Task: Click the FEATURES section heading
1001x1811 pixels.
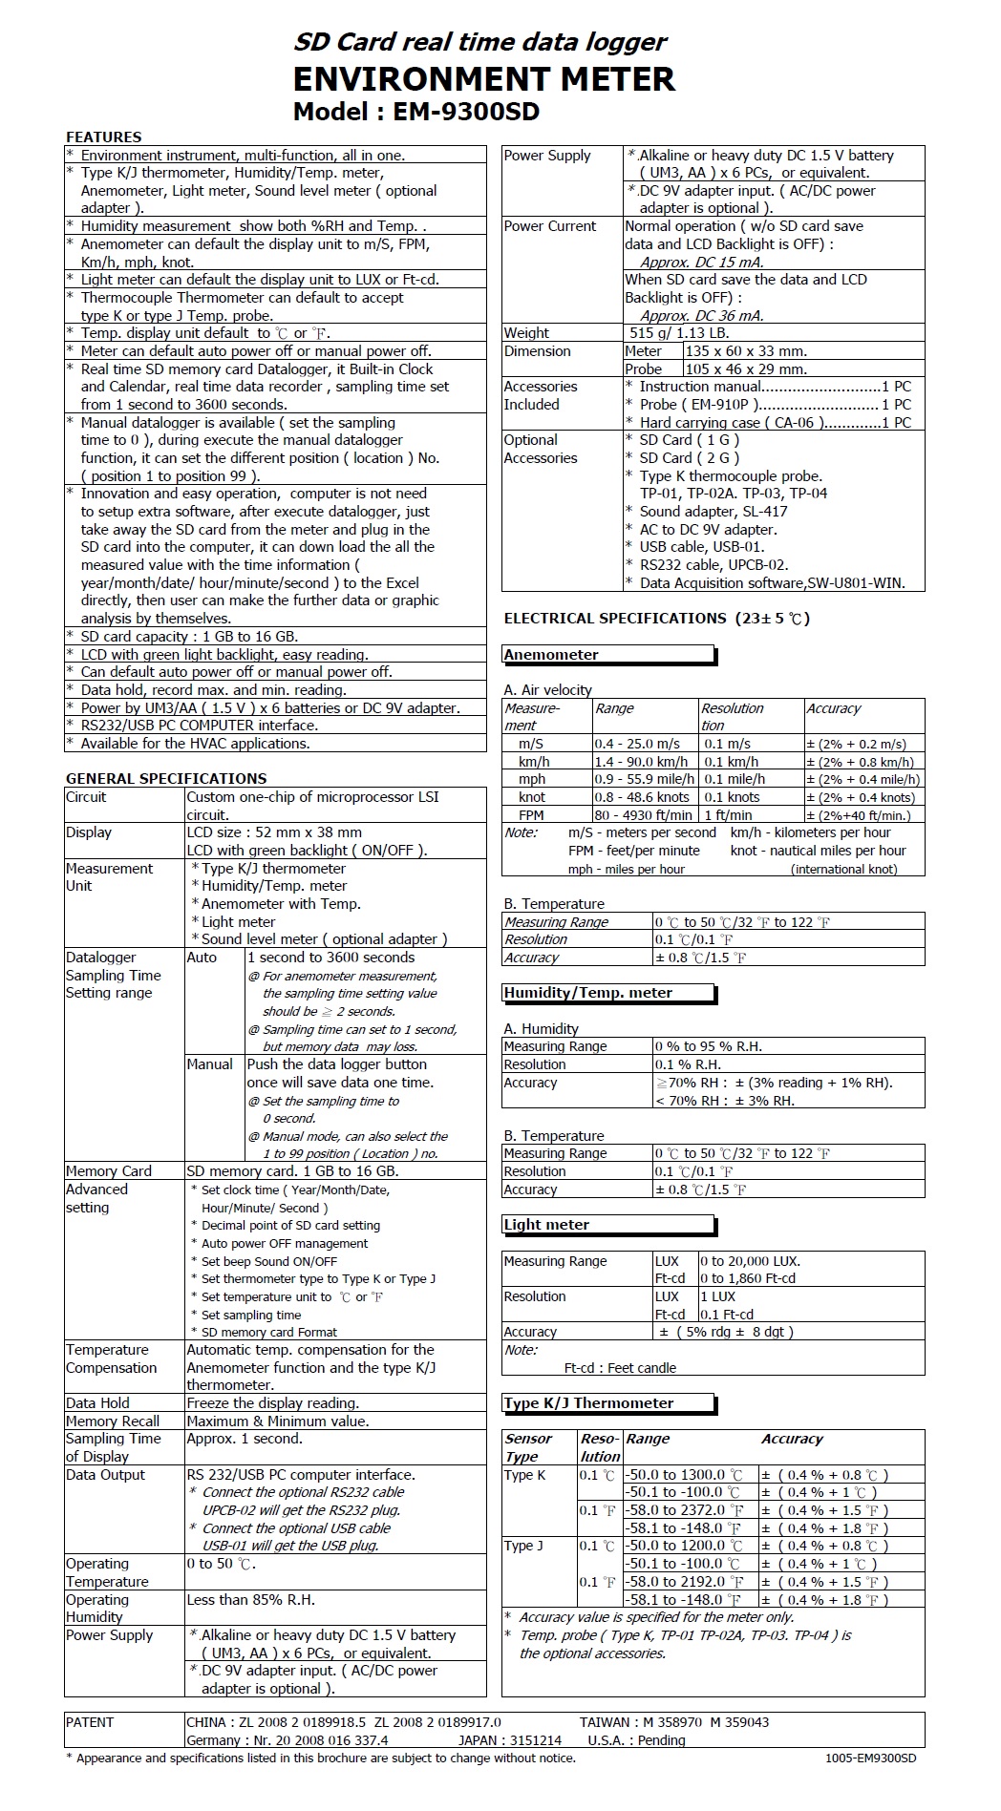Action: tap(103, 137)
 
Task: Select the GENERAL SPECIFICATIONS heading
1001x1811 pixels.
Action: tap(166, 779)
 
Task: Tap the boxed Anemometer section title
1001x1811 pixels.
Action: tap(551, 655)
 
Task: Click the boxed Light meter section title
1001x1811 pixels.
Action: tap(546, 1225)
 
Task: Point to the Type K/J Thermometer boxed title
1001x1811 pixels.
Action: tap(588, 1403)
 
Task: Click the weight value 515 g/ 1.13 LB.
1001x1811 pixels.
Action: tap(679, 333)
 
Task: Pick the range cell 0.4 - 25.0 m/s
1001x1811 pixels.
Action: tap(637, 744)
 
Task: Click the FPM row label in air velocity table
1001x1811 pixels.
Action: tap(531, 815)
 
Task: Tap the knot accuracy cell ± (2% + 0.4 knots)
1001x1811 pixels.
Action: tap(861, 798)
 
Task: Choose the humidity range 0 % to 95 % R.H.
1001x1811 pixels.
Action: tap(708, 1046)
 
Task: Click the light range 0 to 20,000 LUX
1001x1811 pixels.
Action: tap(750, 1261)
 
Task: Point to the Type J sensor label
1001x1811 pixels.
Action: tap(523, 1546)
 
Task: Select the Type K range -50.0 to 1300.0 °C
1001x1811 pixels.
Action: tap(683, 1475)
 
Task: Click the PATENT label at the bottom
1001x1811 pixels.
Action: tap(90, 1722)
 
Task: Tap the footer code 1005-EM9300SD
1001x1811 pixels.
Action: tap(870, 1758)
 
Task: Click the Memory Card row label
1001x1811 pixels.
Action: tap(109, 1171)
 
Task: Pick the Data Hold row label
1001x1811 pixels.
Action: tap(97, 1403)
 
